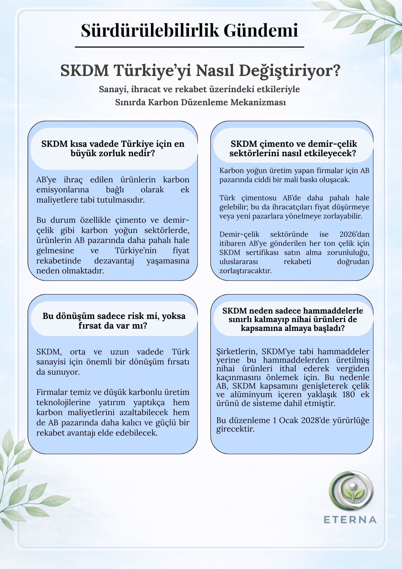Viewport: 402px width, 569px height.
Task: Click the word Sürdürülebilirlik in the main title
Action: pyautogui.click(x=150, y=31)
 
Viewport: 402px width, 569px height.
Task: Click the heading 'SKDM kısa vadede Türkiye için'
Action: pyautogui.click(x=113, y=144)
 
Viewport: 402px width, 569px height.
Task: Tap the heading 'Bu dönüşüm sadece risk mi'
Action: pyautogui.click(x=114, y=316)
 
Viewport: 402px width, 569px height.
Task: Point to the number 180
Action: pyautogui.click(x=349, y=395)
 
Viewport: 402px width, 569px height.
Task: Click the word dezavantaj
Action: pyautogui.click(x=114, y=261)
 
